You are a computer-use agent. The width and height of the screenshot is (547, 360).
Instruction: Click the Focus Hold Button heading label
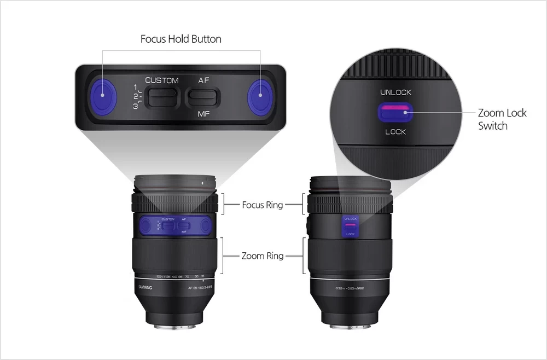click(x=181, y=39)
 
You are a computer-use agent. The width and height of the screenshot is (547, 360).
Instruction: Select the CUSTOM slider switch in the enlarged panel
click(x=163, y=96)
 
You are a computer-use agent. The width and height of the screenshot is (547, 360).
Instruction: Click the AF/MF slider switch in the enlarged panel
click(x=203, y=97)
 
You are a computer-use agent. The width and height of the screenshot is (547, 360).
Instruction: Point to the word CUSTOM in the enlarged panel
click(x=162, y=80)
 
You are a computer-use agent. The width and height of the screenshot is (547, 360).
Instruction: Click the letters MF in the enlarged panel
click(x=203, y=114)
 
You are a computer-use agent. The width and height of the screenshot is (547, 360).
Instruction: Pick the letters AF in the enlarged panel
click(x=203, y=80)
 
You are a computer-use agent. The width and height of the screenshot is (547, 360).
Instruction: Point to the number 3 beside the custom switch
click(x=135, y=107)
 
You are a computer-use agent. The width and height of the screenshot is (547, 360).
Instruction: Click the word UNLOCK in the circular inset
click(x=395, y=92)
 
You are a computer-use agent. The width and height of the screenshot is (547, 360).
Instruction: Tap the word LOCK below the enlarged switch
click(x=395, y=132)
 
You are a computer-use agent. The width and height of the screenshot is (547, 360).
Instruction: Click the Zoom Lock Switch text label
click(x=502, y=119)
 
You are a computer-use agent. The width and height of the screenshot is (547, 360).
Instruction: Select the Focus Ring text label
click(x=263, y=205)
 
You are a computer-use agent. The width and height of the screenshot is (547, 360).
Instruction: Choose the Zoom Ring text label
click(x=263, y=256)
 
